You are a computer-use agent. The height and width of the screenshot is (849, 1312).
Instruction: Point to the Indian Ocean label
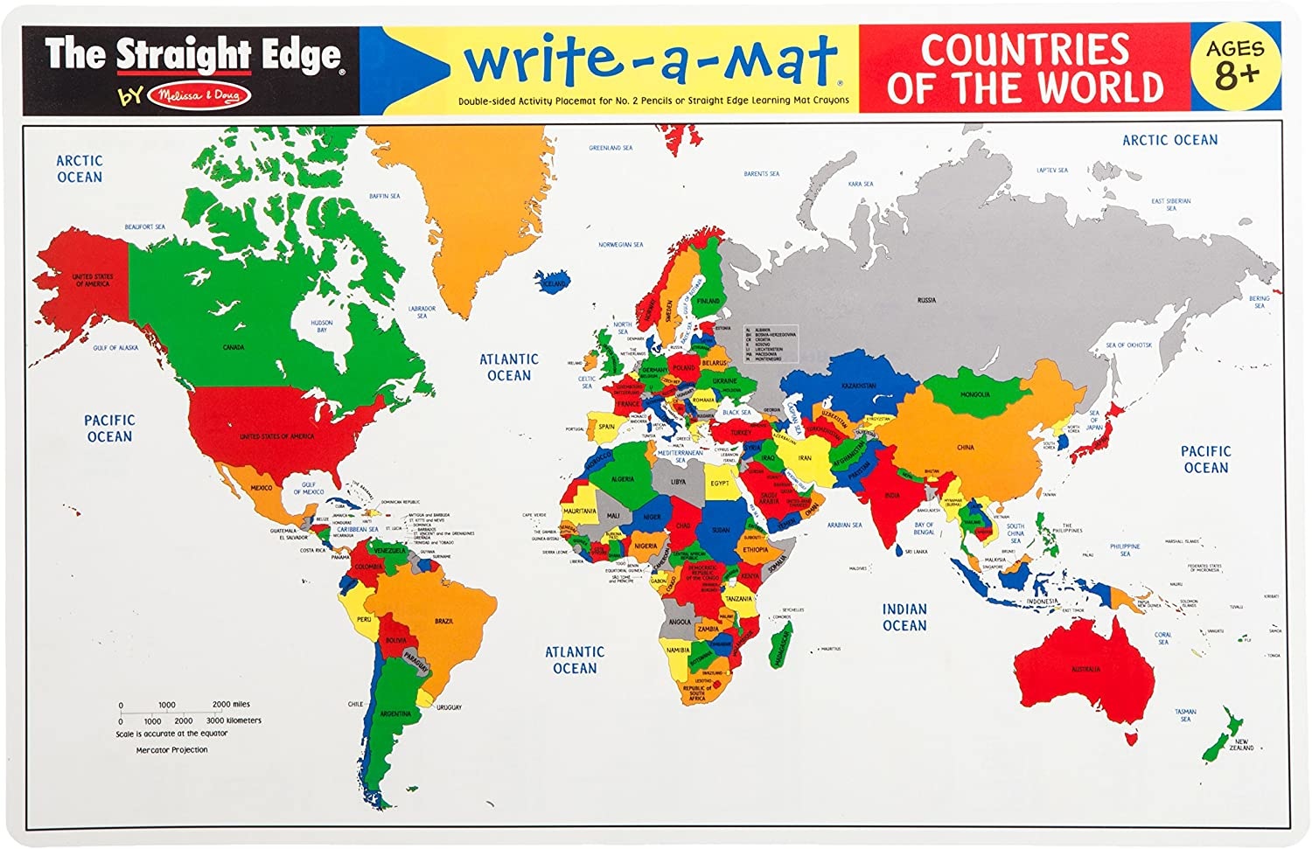[904, 617]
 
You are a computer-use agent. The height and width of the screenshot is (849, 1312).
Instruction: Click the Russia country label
[926, 301]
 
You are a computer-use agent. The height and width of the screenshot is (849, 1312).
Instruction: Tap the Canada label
[233, 348]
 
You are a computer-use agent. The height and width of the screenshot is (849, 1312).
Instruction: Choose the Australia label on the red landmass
[1085, 670]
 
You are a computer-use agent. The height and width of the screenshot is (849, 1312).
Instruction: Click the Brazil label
[443, 621]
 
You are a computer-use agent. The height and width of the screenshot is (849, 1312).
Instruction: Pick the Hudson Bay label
[322, 326]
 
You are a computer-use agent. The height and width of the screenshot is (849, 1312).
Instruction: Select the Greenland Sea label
[611, 149]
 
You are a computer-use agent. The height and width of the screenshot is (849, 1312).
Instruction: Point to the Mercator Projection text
[171, 750]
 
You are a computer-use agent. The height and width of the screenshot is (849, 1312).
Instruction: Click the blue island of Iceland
[554, 282]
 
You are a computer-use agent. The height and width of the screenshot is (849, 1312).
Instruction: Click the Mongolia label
[975, 395]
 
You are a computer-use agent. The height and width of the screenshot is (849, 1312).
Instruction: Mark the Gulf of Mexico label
[309, 488]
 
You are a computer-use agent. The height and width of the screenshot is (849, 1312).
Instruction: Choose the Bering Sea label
[1260, 302]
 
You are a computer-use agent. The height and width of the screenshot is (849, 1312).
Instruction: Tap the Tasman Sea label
[1185, 715]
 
